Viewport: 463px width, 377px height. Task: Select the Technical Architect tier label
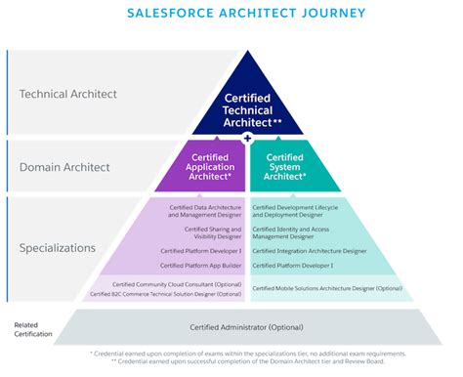[x=68, y=94]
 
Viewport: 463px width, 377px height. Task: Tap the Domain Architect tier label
[x=67, y=166]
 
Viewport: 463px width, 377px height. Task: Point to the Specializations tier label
[x=58, y=247]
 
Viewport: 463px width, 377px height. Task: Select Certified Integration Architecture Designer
[x=310, y=251]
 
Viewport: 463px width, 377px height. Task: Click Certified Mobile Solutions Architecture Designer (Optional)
[x=327, y=288]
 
